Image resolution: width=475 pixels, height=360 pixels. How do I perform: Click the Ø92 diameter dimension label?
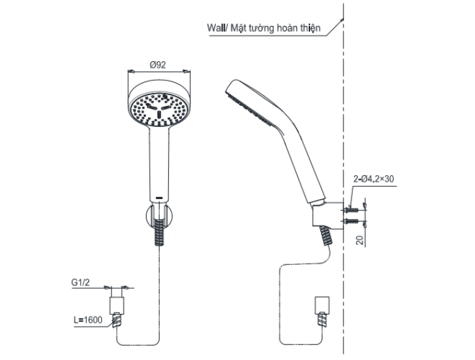(x=158, y=65)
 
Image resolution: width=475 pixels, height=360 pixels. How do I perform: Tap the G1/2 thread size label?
(x=81, y=283)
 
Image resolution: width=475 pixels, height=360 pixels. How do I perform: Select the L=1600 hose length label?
(x=88, y=320)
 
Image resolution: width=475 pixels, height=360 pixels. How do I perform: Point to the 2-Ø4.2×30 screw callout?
(x=374, y=179)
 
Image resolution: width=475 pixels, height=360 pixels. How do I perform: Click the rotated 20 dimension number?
(x=360, y=240)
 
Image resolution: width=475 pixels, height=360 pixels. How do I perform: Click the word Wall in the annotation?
(x=216, y=28)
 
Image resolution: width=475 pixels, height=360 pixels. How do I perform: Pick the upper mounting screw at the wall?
(x=351, y=210)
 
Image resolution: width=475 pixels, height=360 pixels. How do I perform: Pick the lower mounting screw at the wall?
(x=351, y=221)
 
